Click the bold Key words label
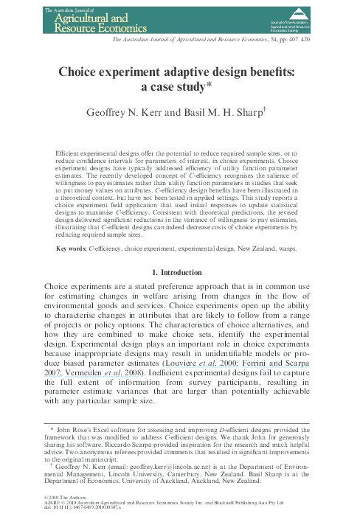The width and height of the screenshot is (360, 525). coord(72,249)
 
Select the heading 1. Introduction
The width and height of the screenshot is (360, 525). coord(180,274)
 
